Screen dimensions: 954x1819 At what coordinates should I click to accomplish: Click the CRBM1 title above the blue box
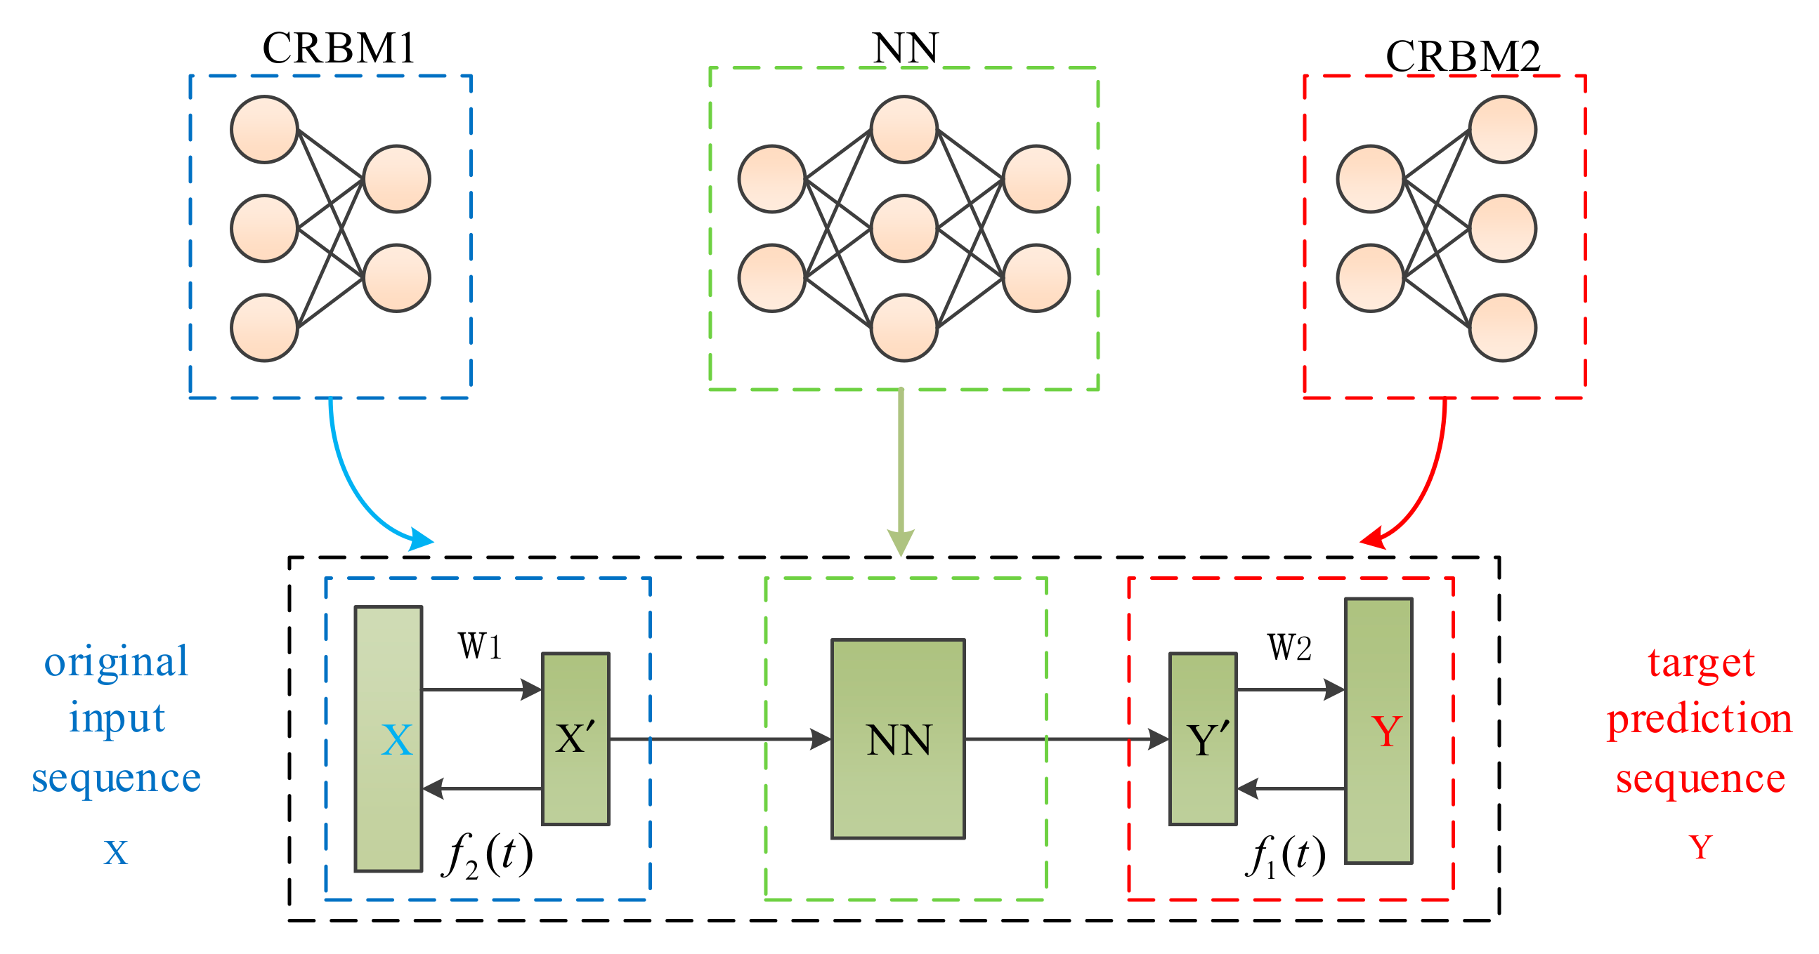point(338,48)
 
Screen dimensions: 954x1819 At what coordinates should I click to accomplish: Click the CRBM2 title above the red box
point(1462,56)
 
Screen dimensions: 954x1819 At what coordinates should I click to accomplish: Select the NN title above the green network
point(904,48)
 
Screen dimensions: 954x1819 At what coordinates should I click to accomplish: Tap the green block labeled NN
point(897,738)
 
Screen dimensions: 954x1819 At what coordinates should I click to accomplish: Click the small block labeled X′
point(575,738)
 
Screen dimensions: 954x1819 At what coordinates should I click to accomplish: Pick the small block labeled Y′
point(1203,738)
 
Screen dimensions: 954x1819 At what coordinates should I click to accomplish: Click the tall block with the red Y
point(1378,730)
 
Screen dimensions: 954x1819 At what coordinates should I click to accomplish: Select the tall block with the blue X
point(389,738)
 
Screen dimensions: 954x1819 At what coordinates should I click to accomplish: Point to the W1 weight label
point(480,646)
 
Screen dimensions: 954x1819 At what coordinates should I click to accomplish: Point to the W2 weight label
point(1289,647)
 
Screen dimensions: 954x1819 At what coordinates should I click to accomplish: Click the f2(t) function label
point(487,855)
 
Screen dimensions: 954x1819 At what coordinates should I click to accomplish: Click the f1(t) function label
point(1285,855)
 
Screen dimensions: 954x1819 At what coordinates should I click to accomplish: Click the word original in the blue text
point(117,662)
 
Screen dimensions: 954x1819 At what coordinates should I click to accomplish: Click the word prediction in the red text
point(1700,720)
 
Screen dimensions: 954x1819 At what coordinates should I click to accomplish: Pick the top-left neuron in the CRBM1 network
point(264,130)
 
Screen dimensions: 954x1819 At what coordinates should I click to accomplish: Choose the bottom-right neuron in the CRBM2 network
point(1502,327)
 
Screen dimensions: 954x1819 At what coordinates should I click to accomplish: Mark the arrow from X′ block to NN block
point(720,738)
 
